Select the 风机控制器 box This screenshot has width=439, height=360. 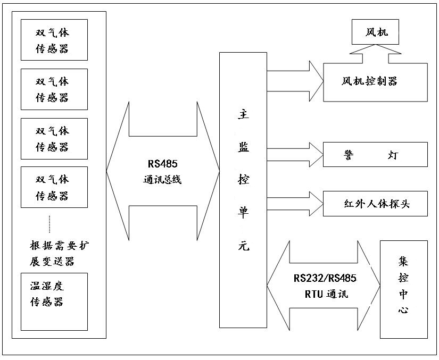tap(375, 82)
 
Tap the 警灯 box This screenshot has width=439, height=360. tap(375, 155)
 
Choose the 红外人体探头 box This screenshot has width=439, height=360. tap(375, 204)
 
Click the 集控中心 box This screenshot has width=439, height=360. tap(403, 289)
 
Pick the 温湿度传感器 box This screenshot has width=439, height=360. tap(54, 302)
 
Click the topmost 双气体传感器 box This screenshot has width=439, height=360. tap(54, 40)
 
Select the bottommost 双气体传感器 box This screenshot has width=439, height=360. tap(54, 187)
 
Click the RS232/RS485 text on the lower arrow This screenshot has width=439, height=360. tap(325, 279)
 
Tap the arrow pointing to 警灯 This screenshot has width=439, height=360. tap(295, 155)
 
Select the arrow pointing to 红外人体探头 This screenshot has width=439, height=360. tap(295, 204)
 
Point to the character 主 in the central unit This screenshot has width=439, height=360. tap(243, 113)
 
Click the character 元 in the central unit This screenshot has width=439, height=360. tap(243, 246)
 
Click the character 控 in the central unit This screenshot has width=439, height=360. tap(243, 180)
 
